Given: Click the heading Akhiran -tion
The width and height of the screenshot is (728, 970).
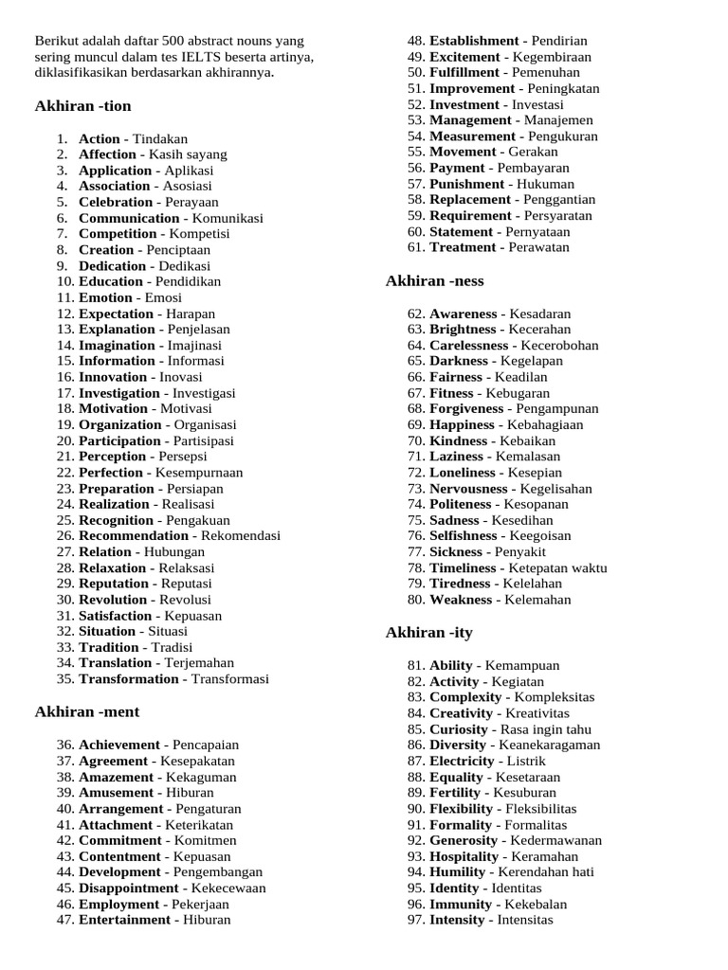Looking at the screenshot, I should (x=83, y=106).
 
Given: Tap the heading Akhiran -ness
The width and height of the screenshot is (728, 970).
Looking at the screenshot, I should (x=435, y=280).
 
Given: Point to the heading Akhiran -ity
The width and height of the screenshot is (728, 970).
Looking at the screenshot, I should (x=430, y=633).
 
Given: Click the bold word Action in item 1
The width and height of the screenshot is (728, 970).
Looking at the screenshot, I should (x=100, y=138).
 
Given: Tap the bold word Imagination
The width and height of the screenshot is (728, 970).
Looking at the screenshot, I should (x=117, y=345).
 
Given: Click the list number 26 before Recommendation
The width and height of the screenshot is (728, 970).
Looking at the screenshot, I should (x=64, y=535).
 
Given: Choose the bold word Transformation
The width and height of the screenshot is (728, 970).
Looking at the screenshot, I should (x=129, y=678).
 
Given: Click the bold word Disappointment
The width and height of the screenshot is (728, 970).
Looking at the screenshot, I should (x=128, y=888).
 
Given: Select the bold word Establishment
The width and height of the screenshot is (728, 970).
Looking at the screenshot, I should (x=474, y=41).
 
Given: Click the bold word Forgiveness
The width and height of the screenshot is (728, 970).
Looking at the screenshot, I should (x=466, y=408).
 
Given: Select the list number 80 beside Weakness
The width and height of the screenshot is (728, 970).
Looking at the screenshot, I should (x=415, y=600).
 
